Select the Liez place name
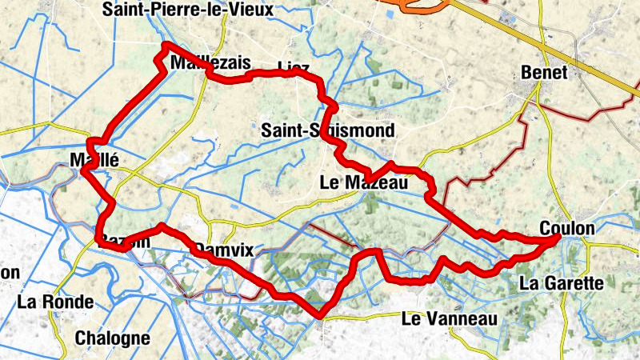click(293, 66)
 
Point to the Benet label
click(544, 72)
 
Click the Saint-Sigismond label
click(328, 130)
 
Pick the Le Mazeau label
click(363, 183)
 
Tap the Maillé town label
click(94, 159)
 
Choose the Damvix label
click(224, 250)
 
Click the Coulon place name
click(567, 229)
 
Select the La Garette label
click(561, 282)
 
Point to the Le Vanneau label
click(450, 319)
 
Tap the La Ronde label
click(55, 302)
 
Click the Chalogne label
click(112, 338)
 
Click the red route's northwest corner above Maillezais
click(166, 46)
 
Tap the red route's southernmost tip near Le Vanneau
click(319, 313)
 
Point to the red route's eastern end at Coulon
click(555, 238)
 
